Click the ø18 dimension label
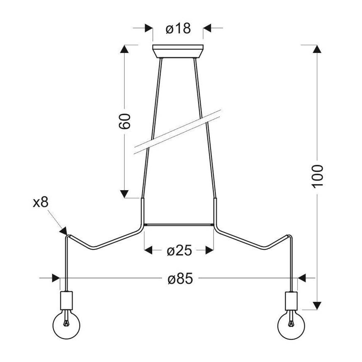pyautogui.click(x=178, y=28)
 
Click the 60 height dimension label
pyautogui.click(x=126, y=121)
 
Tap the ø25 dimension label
pyautogui.click(x=179, y=250)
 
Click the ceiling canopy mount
pyautogui.click(x=178, y=51)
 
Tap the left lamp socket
pyautogui.click(x=66, y=299)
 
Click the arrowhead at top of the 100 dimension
pyautogui.click(x=317, y=48)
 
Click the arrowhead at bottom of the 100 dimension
pyautogui.click(x=317, y=306)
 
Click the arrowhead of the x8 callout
pyautogui.click(x=63, y=231)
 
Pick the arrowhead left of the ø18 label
pyautogui.click(x=148, y=28)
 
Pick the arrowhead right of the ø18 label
pyautogui.click(x=207, y=28)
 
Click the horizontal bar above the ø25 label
pyautogui.click(x=179, y=225)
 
